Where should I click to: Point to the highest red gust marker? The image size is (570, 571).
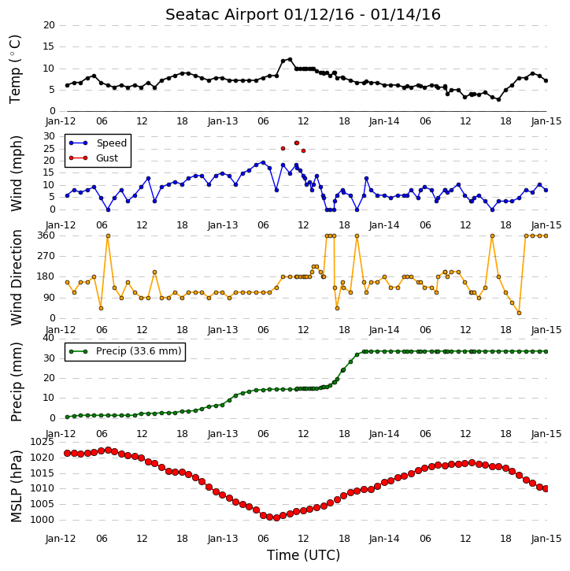pos(297,143)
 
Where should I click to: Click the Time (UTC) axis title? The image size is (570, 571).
pos(303,555)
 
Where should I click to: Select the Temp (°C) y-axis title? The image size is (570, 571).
pos(15,69)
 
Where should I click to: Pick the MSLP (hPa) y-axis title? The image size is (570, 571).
pos(16,486)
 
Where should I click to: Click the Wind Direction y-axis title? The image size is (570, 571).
pos(16,277)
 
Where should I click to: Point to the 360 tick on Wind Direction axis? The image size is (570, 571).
pos(46,235)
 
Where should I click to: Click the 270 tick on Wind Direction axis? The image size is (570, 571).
pos(46,256)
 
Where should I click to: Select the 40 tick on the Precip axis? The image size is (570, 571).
pos(48,338)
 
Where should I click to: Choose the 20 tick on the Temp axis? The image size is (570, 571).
pos(49,25)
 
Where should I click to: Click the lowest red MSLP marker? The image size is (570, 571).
pos(276,517)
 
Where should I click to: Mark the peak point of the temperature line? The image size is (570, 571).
pos(290,59)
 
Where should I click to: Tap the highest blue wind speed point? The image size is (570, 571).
pos(263,163)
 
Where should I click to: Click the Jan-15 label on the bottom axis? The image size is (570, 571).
pos(546,538)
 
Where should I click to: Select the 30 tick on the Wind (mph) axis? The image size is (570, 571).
pos(49,136)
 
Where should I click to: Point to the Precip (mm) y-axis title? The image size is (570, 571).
pos(16,382)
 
